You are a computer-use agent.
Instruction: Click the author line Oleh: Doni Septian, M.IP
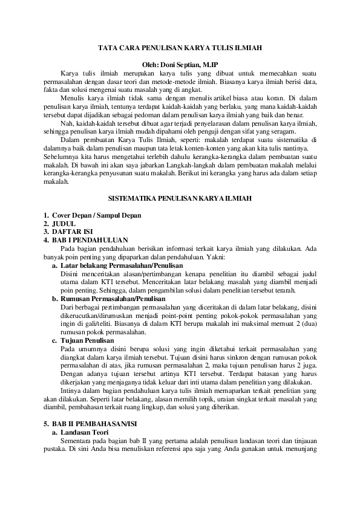[x=179, y=63]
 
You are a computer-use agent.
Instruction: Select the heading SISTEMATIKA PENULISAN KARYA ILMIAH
[x=180, y=198]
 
